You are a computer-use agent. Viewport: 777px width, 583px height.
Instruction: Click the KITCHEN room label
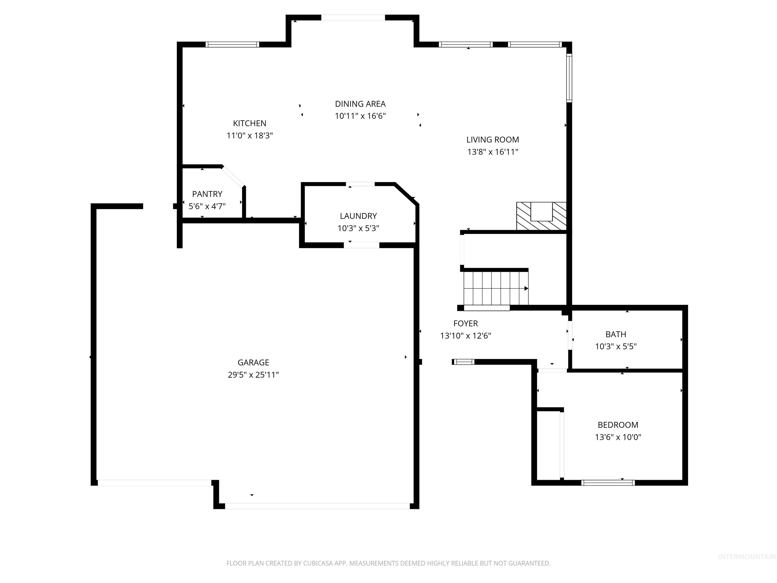[249, 123]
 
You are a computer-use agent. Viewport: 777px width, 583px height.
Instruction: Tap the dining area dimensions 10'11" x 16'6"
[360, 116]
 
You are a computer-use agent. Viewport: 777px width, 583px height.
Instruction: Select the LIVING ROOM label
[492, 139]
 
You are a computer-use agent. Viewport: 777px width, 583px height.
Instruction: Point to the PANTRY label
[207, 194]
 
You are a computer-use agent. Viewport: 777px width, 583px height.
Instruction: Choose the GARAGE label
[253, 362]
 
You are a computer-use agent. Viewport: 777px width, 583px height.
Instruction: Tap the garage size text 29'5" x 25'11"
[253, 374]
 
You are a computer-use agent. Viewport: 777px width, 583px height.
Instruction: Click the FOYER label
[465, 323]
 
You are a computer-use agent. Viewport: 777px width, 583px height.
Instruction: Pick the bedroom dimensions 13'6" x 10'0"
[618, 437]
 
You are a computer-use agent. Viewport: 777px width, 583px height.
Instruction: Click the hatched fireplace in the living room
[541, 216]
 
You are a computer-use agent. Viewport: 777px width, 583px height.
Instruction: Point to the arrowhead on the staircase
[526, 288]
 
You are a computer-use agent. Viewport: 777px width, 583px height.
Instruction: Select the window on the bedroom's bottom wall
[608, 483]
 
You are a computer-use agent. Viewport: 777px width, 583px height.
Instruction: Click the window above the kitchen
[232, 44]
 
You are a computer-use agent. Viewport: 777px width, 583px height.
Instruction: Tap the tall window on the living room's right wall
[569, 78]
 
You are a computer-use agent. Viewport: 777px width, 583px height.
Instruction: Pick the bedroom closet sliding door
[562, 445]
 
